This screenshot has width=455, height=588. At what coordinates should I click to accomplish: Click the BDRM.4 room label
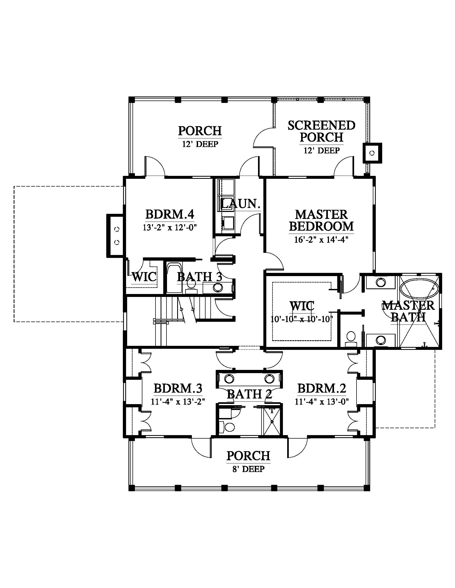pos(170,215)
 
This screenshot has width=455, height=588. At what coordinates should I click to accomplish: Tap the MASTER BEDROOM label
pos(321,220)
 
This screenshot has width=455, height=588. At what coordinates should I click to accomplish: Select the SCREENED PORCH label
pos(321,131)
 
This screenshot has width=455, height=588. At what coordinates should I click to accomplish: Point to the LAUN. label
pos(240,204)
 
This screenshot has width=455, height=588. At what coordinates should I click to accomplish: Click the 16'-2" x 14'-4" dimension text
pos(321,239)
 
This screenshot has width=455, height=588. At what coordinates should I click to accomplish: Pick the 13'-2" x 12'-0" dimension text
pos(170,227)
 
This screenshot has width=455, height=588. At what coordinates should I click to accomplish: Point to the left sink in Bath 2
pos(229,379)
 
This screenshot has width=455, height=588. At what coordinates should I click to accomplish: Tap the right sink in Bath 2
pos(269,379)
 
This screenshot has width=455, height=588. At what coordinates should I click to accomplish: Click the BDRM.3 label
pos(178,389)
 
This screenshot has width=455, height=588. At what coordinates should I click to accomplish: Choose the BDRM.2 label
pos(322,389)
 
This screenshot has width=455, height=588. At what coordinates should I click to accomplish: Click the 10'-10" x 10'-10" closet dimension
pos(302,319)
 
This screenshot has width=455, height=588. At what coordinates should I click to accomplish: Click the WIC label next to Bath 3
pos(144,277)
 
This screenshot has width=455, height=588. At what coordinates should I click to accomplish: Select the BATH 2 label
pos(249,394)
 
